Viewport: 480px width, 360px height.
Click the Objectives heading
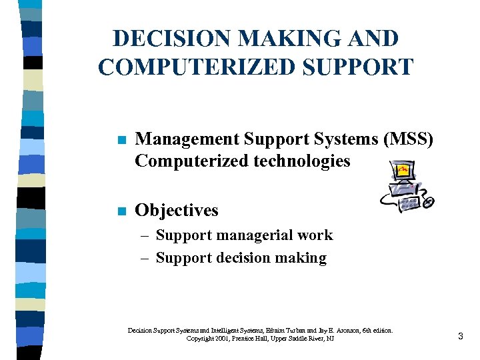click(176, 210)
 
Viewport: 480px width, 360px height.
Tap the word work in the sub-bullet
click(318, 235)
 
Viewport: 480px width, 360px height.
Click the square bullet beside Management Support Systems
click(121, 140)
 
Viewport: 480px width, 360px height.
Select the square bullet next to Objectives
click(121, 211)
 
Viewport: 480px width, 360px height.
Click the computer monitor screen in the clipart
click(403, 171)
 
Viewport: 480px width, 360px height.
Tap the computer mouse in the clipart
click(429, 201)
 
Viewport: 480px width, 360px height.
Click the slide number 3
click(460, 337)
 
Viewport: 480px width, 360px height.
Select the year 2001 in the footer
click(217, 339)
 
